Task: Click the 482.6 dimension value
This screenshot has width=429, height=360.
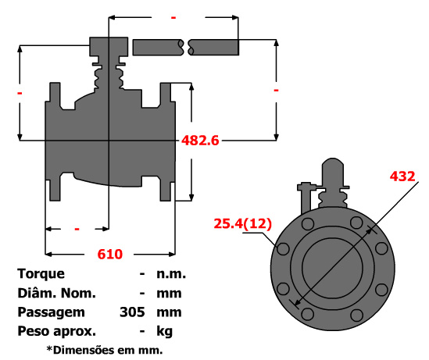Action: point(200,141)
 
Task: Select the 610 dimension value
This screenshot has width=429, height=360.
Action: point(110,255)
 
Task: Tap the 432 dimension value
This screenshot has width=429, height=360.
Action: point(402,176)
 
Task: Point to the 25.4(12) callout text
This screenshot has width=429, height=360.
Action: point(243,223)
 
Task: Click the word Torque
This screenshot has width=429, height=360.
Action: point(41,274)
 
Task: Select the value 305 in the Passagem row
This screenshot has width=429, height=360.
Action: point(132,312)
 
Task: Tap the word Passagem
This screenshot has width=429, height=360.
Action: point(51,312)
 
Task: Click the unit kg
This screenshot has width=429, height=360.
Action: point(164,332)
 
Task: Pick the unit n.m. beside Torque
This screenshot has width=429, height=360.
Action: point(171,274)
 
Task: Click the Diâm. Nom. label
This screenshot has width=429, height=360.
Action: point(56,293)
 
